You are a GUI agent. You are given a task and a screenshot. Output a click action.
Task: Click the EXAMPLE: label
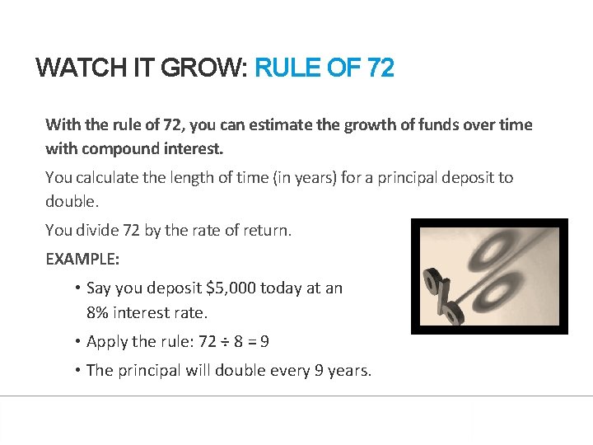point(82,259)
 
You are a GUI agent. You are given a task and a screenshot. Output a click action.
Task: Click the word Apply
point(106,342)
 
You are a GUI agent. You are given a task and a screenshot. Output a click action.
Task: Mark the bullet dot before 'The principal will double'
point(76,370)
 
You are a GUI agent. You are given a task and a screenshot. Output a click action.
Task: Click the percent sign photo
point(489,276)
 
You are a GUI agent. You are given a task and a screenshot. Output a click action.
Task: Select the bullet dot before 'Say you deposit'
point(76,288)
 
